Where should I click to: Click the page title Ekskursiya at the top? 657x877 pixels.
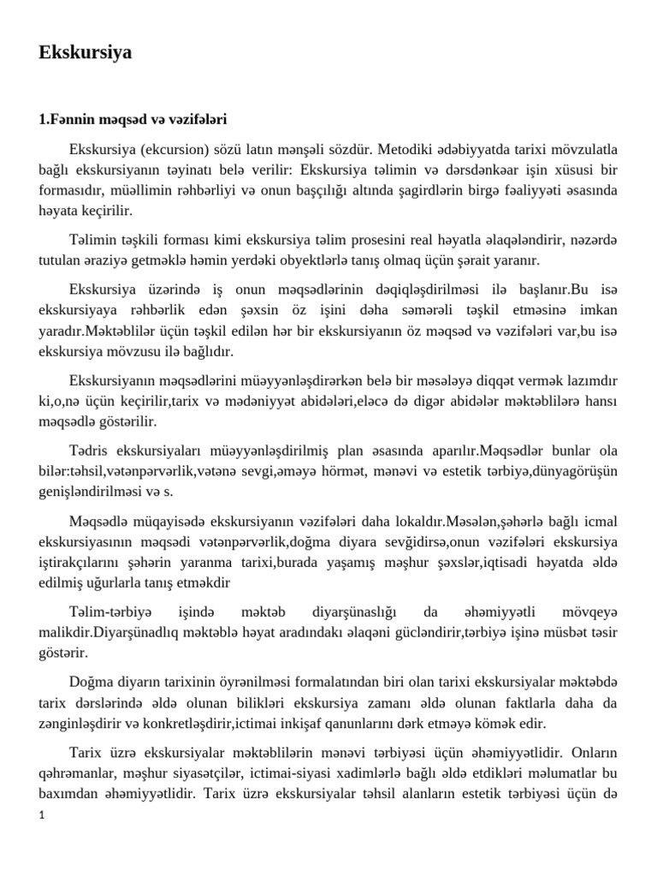coord(86,53)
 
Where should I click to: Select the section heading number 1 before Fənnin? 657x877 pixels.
coord(43,119)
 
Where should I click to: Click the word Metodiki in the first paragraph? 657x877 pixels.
coord(406,146)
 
